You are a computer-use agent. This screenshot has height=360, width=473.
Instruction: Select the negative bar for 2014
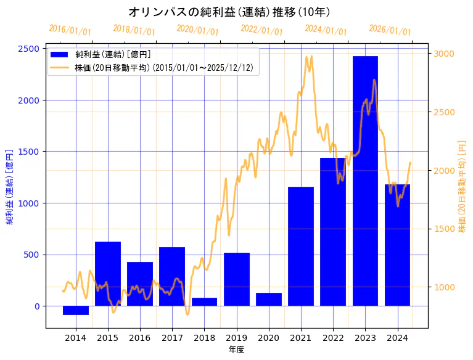76,310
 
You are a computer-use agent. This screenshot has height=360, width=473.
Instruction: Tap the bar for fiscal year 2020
269,299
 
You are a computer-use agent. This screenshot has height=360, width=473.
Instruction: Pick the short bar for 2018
204,301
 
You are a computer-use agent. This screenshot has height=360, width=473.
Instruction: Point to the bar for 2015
108,274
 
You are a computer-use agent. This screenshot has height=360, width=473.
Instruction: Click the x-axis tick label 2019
236,337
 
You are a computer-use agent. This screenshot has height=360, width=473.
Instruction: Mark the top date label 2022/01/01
262,30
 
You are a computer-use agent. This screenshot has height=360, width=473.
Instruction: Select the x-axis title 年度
237,350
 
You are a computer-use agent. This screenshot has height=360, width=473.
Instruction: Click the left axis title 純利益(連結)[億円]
9,187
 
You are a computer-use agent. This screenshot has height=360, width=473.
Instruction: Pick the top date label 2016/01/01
70,30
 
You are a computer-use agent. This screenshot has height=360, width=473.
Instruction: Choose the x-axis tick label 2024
397,337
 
